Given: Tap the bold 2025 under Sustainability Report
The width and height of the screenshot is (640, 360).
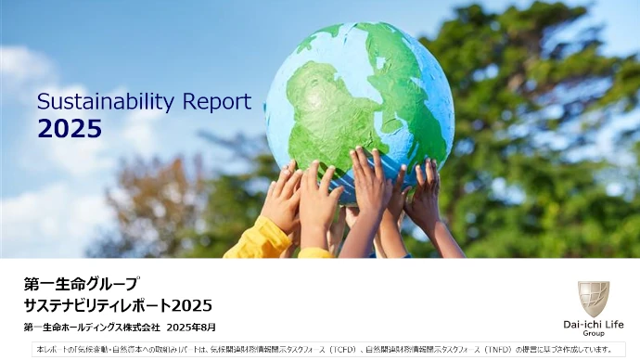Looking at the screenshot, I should pos(70,130).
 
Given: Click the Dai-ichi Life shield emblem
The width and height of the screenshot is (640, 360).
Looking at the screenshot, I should pos(594,299).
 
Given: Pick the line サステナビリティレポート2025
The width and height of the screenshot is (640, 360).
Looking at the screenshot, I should pos(119,305).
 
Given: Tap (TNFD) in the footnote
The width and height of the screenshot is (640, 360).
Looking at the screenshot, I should pos(498,349).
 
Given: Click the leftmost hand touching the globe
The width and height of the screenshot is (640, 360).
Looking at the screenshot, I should pos(281,197).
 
